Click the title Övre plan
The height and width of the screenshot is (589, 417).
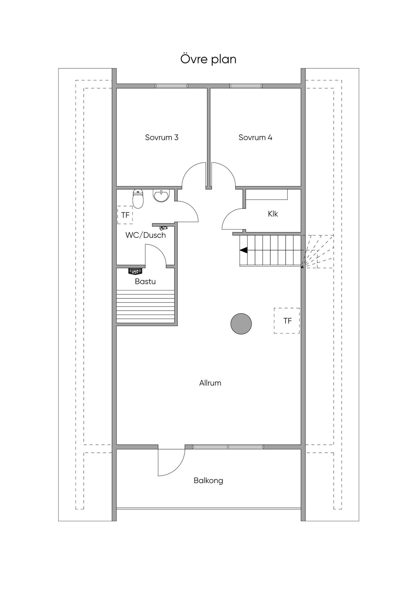tap(208, 59)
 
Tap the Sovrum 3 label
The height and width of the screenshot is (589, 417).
tap(162, 137)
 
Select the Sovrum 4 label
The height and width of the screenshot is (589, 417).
tap(255, 137)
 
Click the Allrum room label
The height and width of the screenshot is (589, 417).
tap(210, 383)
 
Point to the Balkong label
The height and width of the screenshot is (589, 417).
tap(208, 481)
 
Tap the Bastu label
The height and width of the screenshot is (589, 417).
tap(145, 281)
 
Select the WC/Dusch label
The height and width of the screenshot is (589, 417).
tap(146, 235)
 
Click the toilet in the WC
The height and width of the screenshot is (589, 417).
tap(138, 199)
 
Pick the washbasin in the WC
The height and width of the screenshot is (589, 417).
tap(161, 195)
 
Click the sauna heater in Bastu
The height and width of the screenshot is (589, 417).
tap(135, 271)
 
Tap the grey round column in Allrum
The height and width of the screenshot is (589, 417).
tap(241, 324)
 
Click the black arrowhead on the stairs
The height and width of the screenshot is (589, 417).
tap(243, 250)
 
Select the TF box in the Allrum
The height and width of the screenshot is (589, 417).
tap(287, 321)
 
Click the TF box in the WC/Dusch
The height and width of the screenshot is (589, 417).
tap(125, 215)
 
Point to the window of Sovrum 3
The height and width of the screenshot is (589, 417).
tap(171, 86)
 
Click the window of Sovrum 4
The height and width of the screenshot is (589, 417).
tap(246, 86)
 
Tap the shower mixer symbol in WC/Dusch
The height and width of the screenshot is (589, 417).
tap(163, 228)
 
